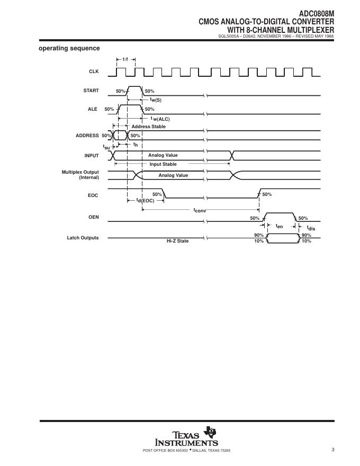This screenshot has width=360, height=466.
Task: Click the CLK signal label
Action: click(94, 71)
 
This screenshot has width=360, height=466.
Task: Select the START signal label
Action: click(91, 91)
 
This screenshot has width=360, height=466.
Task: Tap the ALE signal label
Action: click(93, 109)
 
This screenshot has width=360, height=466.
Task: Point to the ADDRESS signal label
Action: click(87, 136)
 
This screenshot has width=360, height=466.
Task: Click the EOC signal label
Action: click(93, 195)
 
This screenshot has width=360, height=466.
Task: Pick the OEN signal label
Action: click(93, 217)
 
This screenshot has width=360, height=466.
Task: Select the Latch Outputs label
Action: click(83, 238)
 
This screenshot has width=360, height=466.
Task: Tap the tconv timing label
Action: click(199, 210)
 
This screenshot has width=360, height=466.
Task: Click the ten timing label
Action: click(279, 226)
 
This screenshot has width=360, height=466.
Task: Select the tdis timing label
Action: click(311, 228)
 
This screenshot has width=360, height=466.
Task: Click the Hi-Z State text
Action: click(177, 241)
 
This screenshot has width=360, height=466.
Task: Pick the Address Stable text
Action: click(148, 127)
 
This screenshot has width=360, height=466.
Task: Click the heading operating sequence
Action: click(69, 48)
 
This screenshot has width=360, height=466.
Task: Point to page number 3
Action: click(333, 450)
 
